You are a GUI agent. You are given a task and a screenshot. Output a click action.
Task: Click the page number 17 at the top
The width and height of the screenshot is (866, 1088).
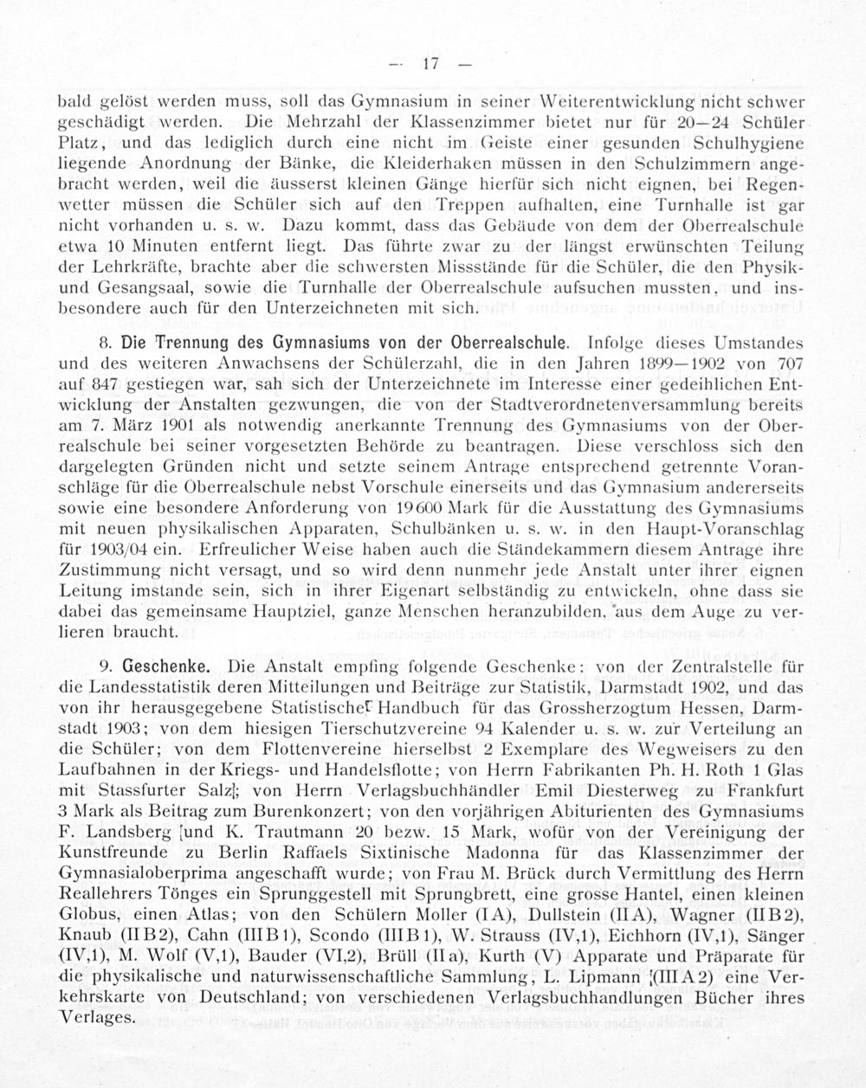pos(431,63)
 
